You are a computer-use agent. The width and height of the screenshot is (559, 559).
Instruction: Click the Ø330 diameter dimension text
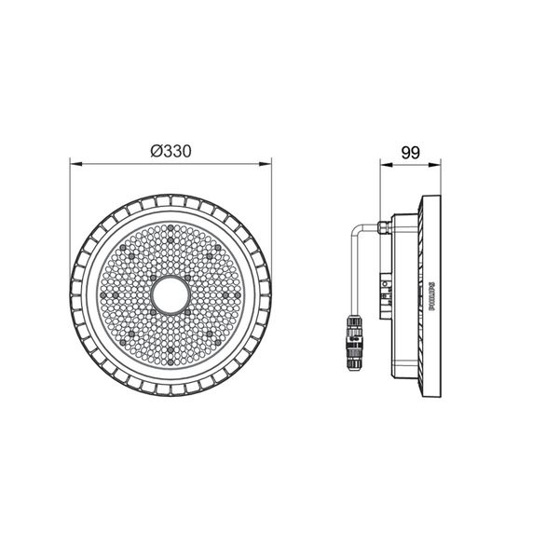coord(170,151)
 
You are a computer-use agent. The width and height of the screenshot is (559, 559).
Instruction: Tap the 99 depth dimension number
coord(411,153)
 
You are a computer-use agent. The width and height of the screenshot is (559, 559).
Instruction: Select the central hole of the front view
coord(170,294)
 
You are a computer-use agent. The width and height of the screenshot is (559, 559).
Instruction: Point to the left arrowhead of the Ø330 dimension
coord(76,164)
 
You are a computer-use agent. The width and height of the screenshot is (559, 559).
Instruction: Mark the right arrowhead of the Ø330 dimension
coord(266,164)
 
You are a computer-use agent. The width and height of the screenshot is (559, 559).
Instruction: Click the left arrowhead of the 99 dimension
coord(387,165)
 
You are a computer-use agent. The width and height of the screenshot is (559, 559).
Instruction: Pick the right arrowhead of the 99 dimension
coord(434,165)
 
